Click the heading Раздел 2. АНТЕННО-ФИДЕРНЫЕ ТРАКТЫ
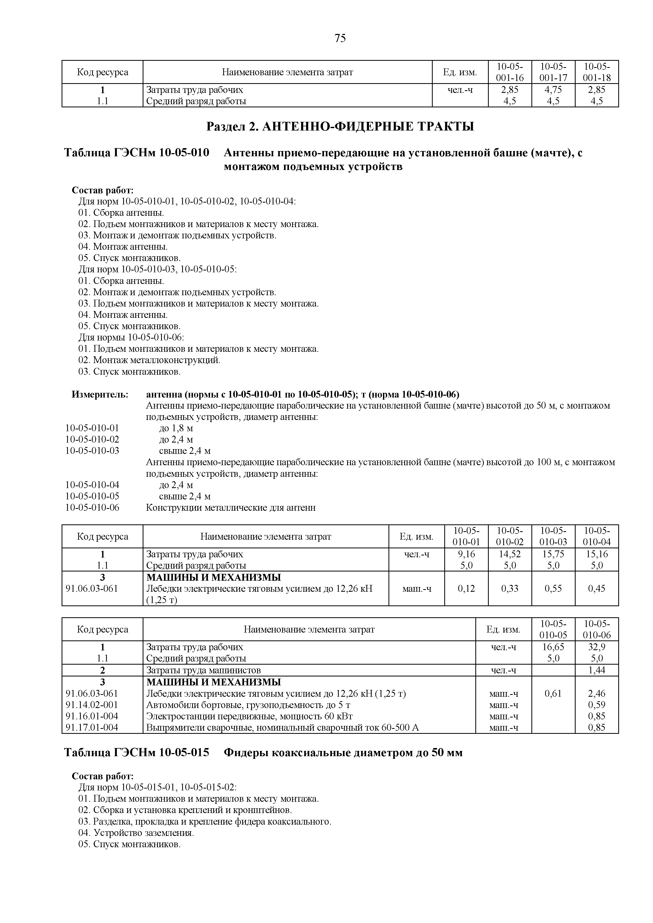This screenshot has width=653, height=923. [340, 127]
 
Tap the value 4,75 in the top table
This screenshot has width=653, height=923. [553, 90]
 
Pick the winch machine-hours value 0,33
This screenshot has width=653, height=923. [510, 589]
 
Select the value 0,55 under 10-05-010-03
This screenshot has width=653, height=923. [553, 589]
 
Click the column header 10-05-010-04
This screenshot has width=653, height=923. [596, 536]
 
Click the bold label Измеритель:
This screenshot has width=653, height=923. [100, 394]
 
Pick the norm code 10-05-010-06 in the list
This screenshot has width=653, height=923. [92, 508]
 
